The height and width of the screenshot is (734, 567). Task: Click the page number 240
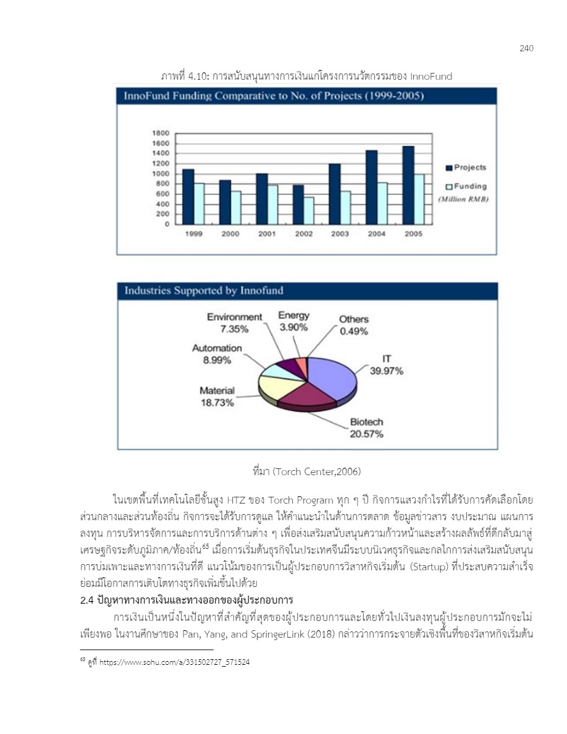526,49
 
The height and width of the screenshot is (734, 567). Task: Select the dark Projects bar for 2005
408,185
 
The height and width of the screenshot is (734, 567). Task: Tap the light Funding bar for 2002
308,211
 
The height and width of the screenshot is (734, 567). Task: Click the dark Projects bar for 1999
188,196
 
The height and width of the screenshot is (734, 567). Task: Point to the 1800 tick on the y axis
161,133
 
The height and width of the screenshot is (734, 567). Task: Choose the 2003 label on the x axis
339,234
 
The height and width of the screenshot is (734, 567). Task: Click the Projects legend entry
466,167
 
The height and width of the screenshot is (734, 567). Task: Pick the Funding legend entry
466,187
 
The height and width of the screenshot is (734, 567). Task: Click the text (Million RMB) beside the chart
463,199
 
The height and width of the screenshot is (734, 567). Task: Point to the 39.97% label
387,371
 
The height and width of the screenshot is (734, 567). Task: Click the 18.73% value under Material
216,403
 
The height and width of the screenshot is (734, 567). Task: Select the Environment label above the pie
234,317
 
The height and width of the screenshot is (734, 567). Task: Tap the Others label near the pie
353,319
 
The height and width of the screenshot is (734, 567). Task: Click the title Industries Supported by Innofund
204,291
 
